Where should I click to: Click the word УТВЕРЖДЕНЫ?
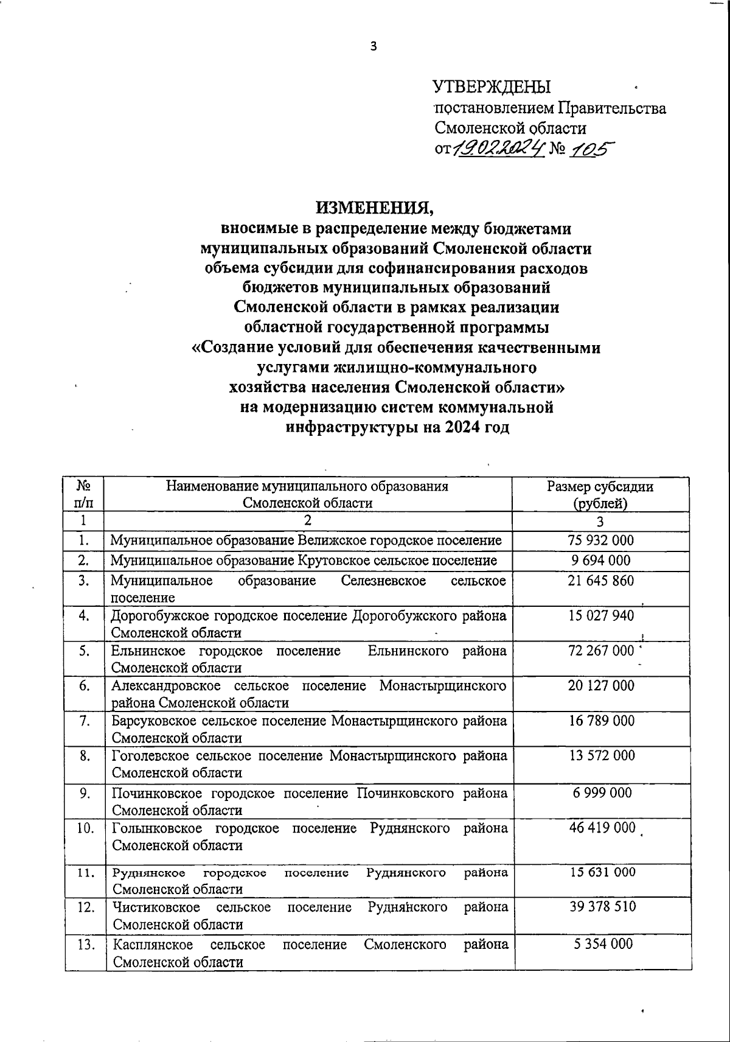[492, 87]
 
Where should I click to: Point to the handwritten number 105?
[592, 148]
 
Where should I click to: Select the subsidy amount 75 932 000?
[600, 540]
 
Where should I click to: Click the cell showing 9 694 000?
[600, 560]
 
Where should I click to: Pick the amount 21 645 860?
[600, 581]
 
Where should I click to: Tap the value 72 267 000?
[600, 651]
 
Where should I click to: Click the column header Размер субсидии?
[600, 486]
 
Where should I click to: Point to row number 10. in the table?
[86, 828]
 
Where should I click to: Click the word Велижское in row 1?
[328, 540]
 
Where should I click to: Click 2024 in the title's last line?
[462, 427]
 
